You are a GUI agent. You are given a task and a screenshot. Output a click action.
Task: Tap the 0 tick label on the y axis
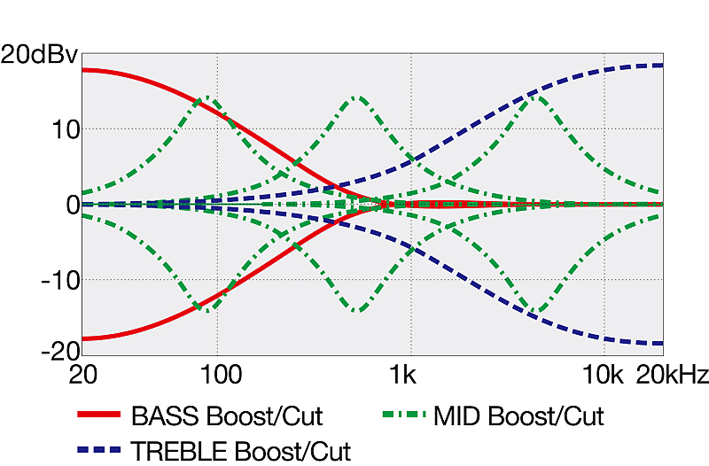[72, 205]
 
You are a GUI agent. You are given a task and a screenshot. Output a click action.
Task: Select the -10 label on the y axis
[59, 280]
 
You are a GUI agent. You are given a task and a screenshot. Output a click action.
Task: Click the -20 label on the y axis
[59, 351]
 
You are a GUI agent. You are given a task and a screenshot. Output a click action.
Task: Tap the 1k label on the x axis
[403, 375]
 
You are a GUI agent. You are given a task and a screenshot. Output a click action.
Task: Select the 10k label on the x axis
[603, 375]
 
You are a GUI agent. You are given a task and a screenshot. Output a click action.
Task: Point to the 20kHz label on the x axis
[673, 375]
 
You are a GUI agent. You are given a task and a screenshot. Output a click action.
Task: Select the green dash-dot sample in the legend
[404, 415]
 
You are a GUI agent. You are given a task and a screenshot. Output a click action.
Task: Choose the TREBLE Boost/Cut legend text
[241, 451]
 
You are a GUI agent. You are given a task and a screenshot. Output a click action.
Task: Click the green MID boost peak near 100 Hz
[207, 97]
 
